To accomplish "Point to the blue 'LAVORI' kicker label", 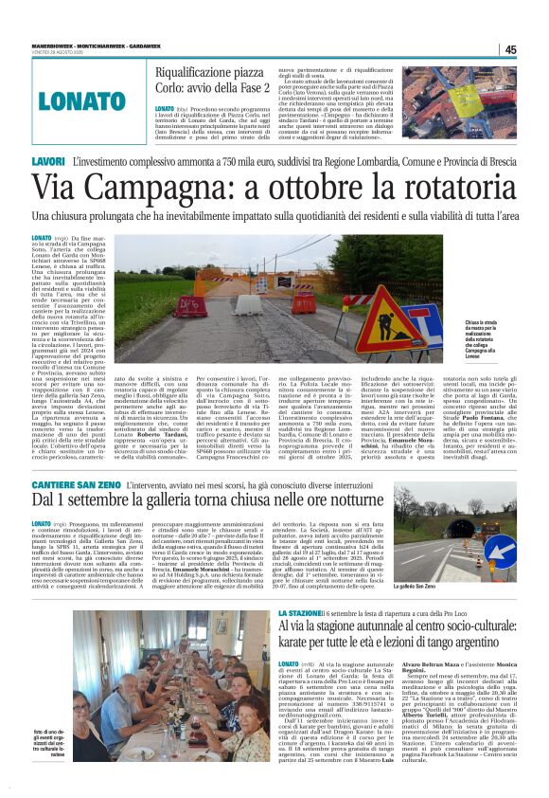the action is [48, 162].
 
